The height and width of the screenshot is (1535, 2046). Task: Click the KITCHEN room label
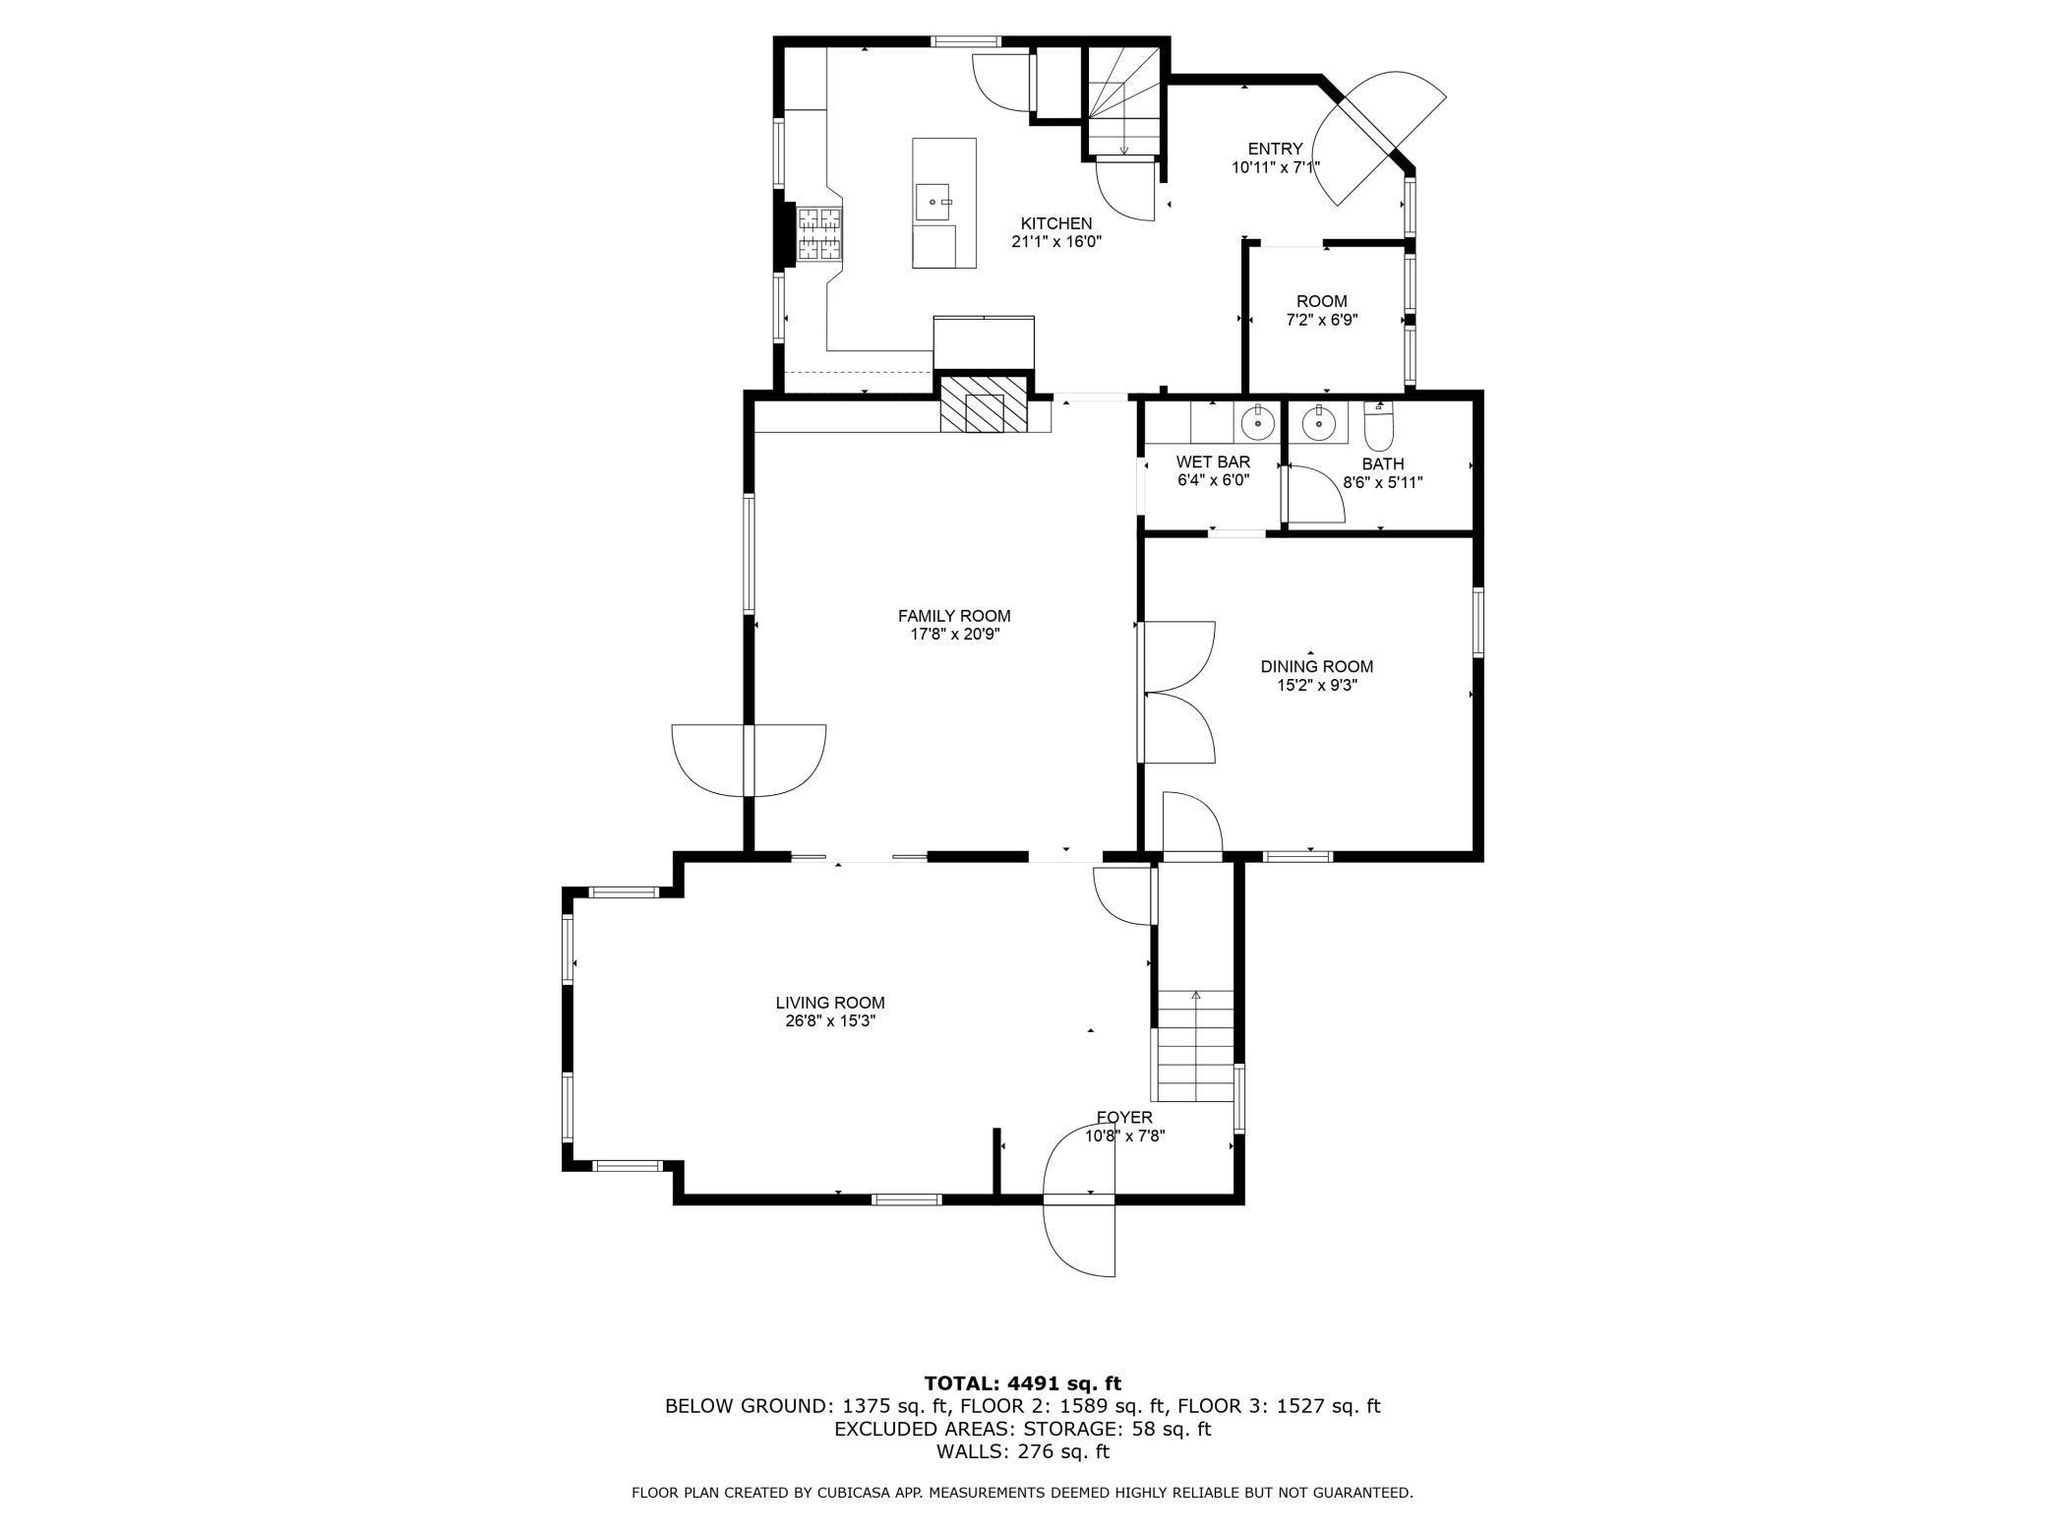[1055, 223]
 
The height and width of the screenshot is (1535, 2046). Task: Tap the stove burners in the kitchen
[819, 234]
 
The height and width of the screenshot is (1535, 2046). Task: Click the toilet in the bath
[1379, 426]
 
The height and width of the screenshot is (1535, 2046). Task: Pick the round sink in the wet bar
[1258, 424]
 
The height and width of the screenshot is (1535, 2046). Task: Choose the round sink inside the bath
[1318, 424]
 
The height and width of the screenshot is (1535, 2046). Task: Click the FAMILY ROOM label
[954, 616]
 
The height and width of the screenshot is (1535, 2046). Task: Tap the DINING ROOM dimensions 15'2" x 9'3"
[1317, 686]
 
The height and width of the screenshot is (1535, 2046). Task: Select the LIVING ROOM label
[830, 1003]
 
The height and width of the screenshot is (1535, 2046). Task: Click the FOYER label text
[1124, 1118]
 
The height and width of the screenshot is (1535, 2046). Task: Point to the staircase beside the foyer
[1195, 1046]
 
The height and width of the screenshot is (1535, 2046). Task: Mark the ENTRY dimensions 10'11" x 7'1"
[1275, 167]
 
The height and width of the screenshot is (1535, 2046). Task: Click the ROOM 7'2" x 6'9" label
[1322, 310]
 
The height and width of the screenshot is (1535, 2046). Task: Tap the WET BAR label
[1213, 461]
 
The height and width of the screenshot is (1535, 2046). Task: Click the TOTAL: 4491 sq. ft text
[1023, 1384]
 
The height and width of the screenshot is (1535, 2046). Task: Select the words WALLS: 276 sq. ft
[1023, 1451]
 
